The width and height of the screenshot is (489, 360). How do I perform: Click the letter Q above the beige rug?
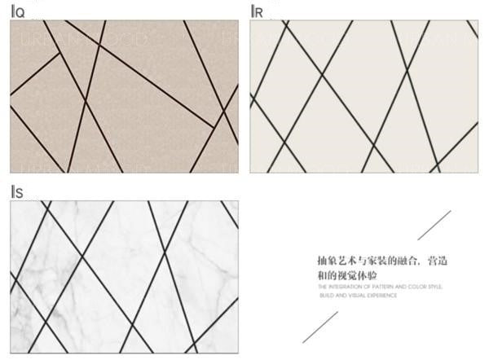pos(19,12)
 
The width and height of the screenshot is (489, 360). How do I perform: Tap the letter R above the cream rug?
pos(258,12)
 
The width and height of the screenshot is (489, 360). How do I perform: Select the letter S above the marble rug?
pos(18,192)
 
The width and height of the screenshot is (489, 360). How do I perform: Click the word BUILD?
pos(324,295)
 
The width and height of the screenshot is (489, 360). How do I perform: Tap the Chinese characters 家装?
pos(375,261)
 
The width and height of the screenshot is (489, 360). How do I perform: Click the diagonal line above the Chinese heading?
pos(434,226)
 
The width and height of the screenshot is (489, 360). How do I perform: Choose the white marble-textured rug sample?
pos(124,277)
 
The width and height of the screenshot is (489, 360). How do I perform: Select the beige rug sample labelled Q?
pos(124,96)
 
